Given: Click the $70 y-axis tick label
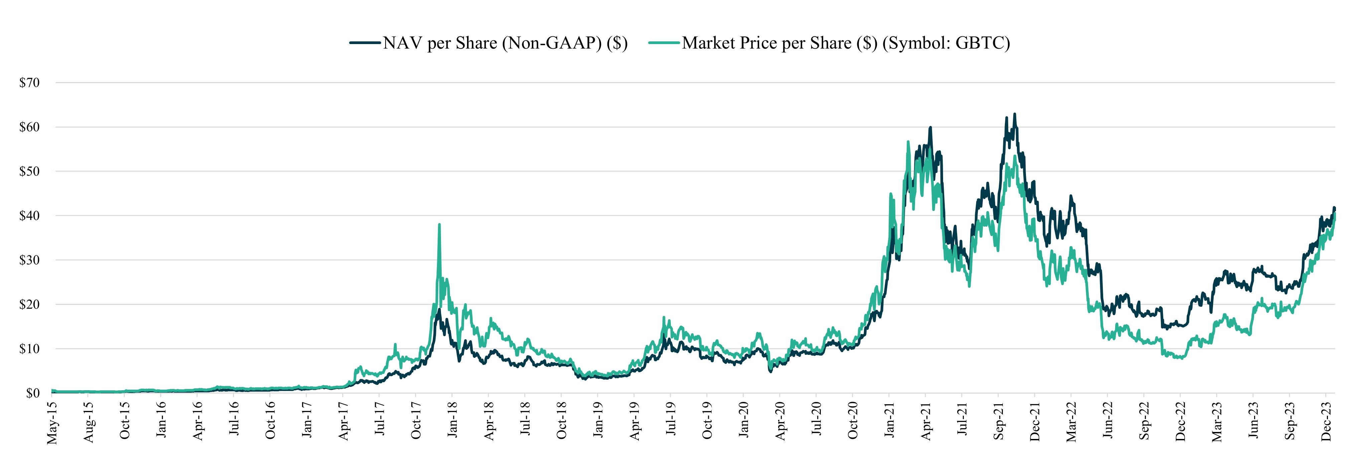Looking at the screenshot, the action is point(29,83).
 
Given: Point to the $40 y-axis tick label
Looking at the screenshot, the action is point(29,216).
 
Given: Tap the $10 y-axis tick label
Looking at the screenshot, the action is point(29,349).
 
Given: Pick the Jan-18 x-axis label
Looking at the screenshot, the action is point(452,420).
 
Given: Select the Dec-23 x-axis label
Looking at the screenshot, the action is point(1326,421).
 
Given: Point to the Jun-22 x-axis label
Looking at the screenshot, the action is point(1108,420).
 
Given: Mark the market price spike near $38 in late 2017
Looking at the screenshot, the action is point(439,225).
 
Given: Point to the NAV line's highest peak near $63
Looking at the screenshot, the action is point(1014,114).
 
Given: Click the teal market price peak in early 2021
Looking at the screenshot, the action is point(908,142).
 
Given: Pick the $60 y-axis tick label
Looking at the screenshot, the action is point(29,127).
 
